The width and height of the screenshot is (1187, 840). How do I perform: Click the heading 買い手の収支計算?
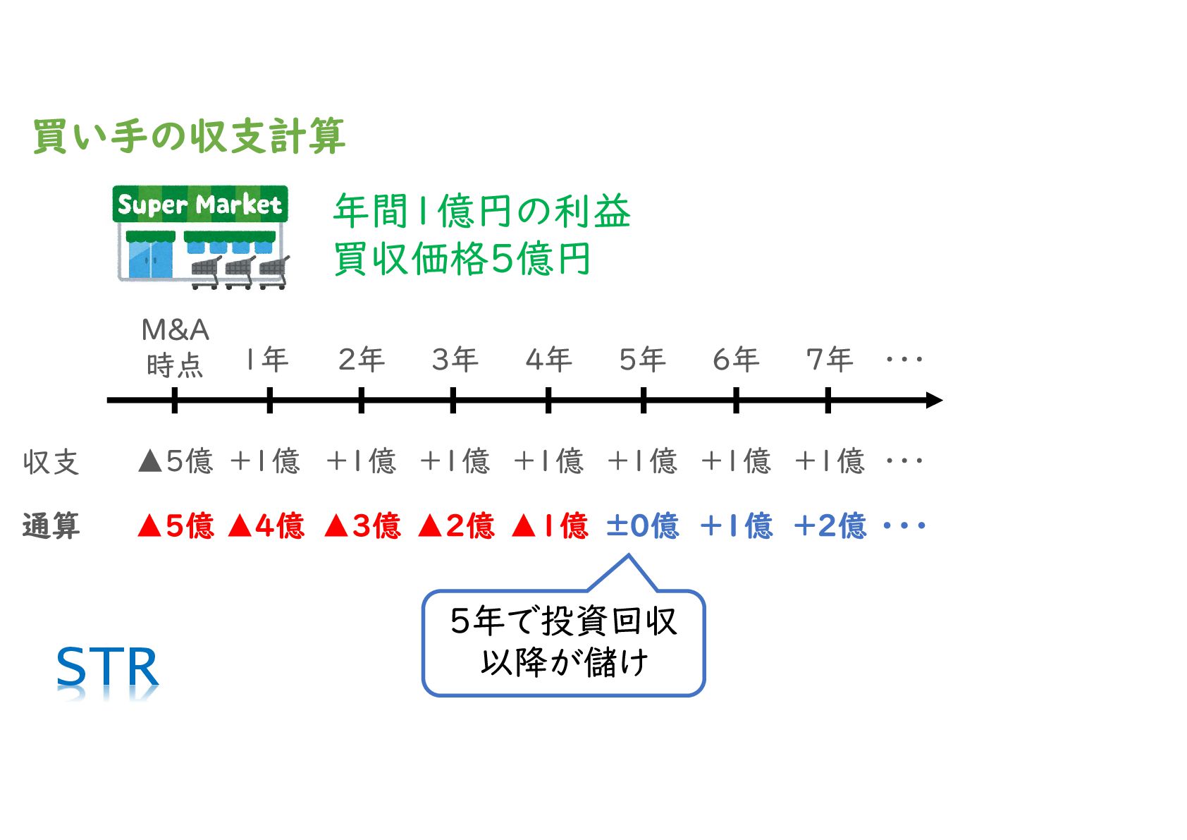click(189, 136)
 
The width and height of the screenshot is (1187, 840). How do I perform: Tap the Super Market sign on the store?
click(200, 205)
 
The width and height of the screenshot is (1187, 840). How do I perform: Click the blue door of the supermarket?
click(150, 260)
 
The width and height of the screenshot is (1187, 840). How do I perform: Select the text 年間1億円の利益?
click(481, 212)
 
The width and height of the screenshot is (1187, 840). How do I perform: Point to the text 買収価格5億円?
click(462, 259)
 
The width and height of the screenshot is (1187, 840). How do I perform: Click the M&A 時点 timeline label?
click(175, 348)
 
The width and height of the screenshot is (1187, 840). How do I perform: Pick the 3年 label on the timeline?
click(455, 360)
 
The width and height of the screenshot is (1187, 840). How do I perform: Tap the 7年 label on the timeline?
click(829, 360)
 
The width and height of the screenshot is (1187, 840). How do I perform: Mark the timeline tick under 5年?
click(644, 401)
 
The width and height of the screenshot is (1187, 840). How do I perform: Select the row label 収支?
click(51, 463)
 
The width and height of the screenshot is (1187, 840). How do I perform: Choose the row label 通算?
click(51, 526)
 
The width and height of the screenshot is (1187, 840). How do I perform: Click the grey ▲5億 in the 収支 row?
click(176, 461)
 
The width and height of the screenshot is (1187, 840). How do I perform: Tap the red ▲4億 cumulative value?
click(266, 526)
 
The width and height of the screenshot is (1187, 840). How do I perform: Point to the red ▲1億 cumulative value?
click(550, 526)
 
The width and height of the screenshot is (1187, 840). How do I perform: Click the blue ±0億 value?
click(643, 526)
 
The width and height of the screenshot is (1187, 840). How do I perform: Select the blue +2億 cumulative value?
click(830, 526)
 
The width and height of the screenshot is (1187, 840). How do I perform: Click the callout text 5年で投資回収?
click(563, 621)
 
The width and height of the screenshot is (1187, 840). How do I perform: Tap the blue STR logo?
click(107, 668)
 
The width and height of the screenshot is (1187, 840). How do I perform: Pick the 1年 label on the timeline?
click(267, 360)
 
